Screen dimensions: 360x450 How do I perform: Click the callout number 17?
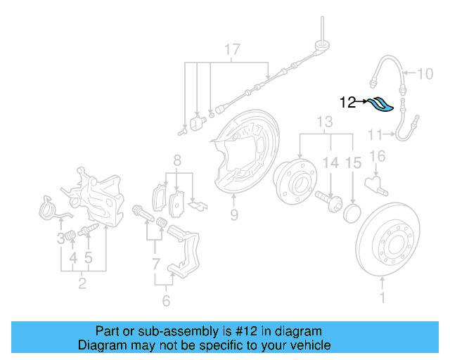click(233, 50)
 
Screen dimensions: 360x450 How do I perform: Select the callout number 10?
click(427, 73)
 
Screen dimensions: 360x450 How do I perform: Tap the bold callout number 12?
click(348, 103)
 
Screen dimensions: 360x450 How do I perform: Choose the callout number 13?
click(323, 123)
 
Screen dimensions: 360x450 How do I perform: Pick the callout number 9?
click(234, 214)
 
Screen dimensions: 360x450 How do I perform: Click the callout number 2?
click(82, 284)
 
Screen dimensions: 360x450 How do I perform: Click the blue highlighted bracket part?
click(380, 104)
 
